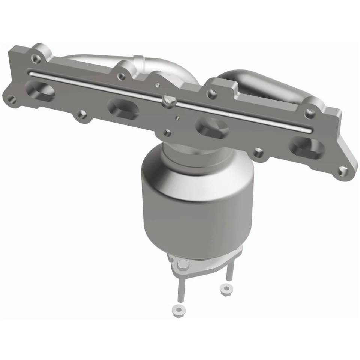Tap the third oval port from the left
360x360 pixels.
tap(212, 128)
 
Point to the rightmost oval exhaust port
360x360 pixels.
tap(307, 147)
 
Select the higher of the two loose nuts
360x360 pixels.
tap(225, 289)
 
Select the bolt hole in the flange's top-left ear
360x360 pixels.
tap(36, 58)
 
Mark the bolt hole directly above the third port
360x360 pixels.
tap(213, 94)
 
